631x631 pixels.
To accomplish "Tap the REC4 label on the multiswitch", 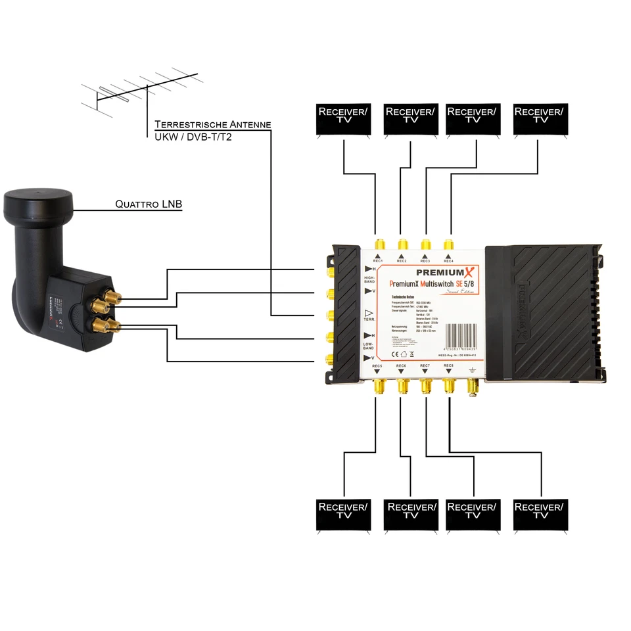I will tap(449, 261).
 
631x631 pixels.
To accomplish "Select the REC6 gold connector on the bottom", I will tap(402, 387).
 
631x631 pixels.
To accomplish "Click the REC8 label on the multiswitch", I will tap(448, 365).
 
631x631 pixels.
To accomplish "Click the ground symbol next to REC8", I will tap(471, 369).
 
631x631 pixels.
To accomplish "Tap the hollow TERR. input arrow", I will tap(368, 312).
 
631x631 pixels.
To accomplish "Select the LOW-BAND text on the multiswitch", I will tap(369, 346).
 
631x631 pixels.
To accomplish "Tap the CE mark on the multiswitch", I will tap(394, 354).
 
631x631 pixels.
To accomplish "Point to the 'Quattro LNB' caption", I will tap(149, 205).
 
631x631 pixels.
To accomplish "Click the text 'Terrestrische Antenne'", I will tap(212, 124).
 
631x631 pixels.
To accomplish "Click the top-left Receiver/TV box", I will tap(343, 119).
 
